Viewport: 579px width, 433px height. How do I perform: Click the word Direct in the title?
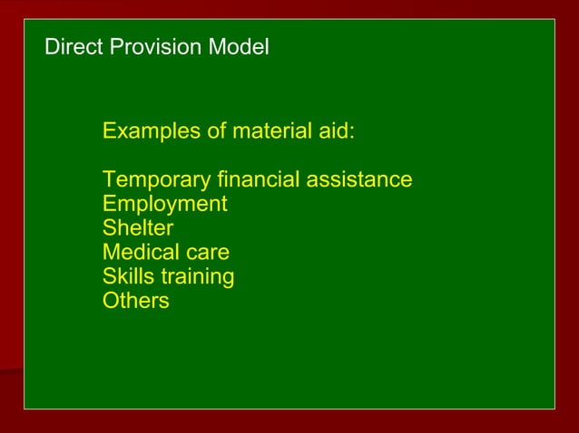[x=74, y=47]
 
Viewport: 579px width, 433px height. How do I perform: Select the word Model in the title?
[x=240, y=47]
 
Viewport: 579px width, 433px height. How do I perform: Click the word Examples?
[x=152, y=131]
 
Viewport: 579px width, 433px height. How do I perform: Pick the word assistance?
[x=359, y=179]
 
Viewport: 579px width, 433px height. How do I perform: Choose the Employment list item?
[x=164, y=204]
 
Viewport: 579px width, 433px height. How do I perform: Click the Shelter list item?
[x=137, y=227]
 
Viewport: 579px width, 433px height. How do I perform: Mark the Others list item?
[x=135, y=301]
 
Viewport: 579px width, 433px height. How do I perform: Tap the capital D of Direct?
[x=52, y=47]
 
